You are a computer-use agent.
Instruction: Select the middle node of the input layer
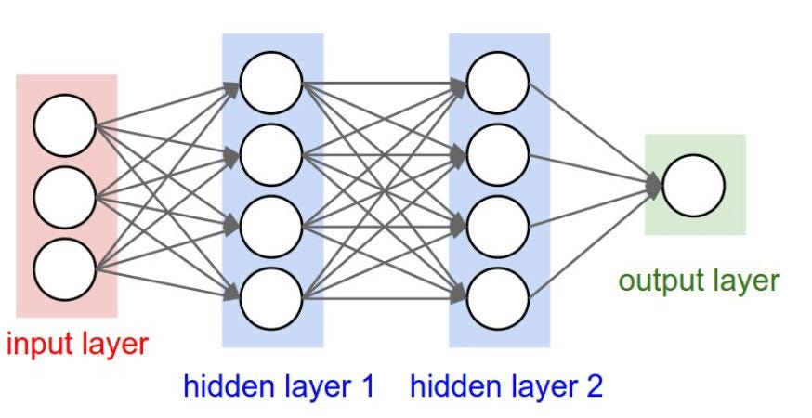pos(65,196)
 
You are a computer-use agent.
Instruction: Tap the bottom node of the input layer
pos(65,268)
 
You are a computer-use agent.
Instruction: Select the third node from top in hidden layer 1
pos(271,226)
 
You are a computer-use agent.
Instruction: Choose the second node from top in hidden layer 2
pos(498,154)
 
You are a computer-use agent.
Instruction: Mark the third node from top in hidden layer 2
pos(498,226)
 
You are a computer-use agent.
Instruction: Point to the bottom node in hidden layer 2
pos(498,297)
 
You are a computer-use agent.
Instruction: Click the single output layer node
pos(694,185)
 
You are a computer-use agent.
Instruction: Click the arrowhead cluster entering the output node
pos(655,185)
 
